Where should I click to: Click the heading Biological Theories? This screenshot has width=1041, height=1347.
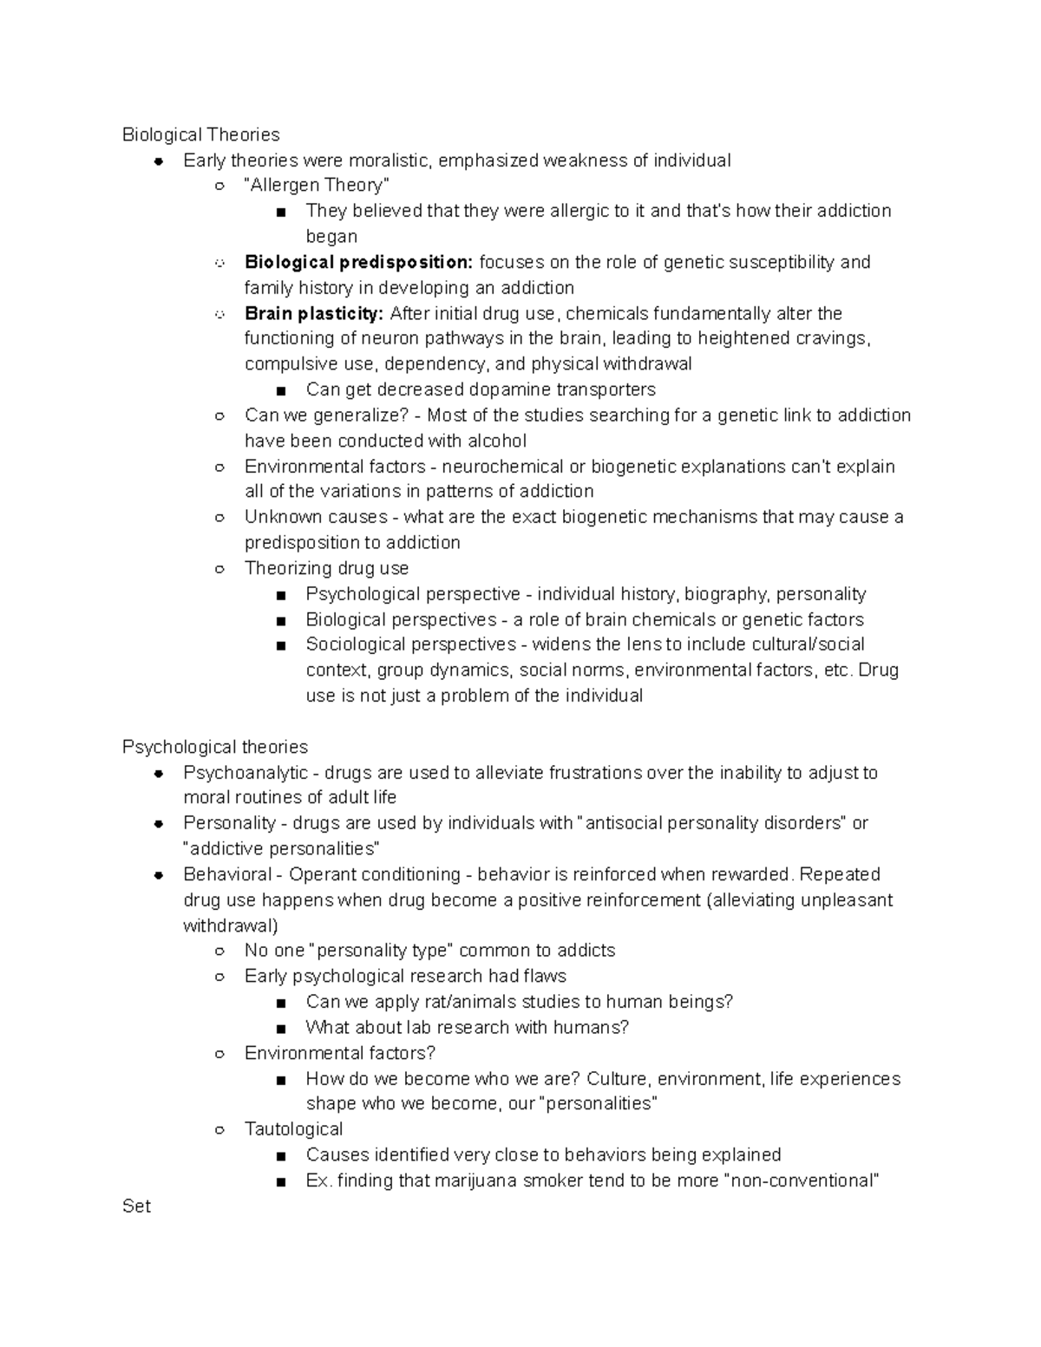tap(200, 134)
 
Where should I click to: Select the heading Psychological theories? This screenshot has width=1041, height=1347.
tap(214, 747)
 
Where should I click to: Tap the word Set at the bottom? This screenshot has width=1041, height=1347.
tap(136, 1206)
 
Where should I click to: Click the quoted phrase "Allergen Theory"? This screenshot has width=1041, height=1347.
tap(317, 186)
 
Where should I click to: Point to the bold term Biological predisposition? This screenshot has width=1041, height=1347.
tap(358, 263)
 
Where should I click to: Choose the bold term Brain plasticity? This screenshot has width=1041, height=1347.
tap(313, 313)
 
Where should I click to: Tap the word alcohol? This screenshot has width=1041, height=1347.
tap(496, 441)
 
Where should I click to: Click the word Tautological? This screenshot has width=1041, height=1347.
tap(293, 1129)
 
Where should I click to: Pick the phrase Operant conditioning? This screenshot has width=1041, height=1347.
tap(375, 874)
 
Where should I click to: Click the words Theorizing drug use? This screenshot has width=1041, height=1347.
tap(326, 568)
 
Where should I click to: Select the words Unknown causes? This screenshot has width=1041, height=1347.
tap(316, 517)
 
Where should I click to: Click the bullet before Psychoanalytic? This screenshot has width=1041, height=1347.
tap(159, 773)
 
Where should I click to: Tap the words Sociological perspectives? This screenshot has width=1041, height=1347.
tap(410, 644)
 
